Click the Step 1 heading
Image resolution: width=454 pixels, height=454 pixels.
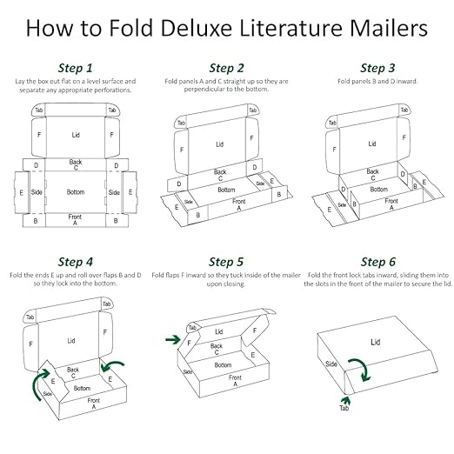pos(75,67)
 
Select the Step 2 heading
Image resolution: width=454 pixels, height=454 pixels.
pos(226,67)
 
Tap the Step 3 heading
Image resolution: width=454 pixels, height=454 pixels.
pos(377,67)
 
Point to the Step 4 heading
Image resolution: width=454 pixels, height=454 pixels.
pos(75,261)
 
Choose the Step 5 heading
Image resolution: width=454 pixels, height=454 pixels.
pos(226,261)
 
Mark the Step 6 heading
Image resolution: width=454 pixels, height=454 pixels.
pos(377,261)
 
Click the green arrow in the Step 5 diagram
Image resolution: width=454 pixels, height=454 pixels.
pos(174,338)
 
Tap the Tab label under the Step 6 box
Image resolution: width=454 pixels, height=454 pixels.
pos(344,408)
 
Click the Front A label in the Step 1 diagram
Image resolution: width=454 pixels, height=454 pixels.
pos(75,219)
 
